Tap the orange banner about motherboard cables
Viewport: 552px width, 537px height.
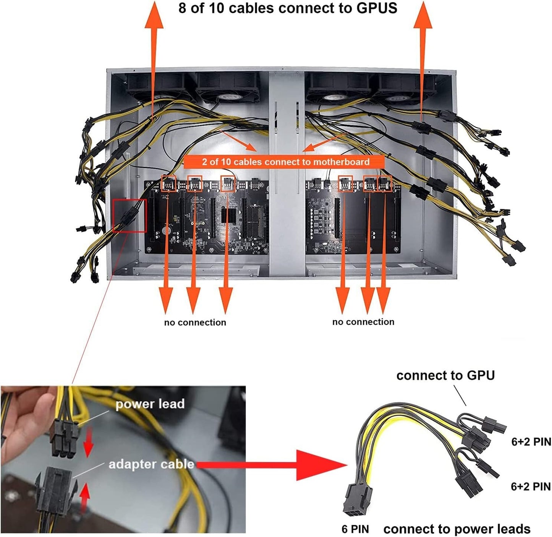click(x=284, y=162)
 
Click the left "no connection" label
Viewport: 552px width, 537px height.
click(x=195, y=323)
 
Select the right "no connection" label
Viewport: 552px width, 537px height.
click(x=363, y=322)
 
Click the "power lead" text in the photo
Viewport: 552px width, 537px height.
click(x=150, y=404)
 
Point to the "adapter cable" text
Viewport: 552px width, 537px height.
click(x=152, y=464)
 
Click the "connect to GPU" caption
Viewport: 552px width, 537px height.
click(x=446, y=375)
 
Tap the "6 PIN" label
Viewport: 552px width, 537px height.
click(x=355, y=529)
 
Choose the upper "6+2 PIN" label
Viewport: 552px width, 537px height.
click(x=531, y=441)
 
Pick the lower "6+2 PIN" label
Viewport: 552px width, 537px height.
click(x=531, y=487)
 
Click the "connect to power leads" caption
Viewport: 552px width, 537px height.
click(x=457, y=529)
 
